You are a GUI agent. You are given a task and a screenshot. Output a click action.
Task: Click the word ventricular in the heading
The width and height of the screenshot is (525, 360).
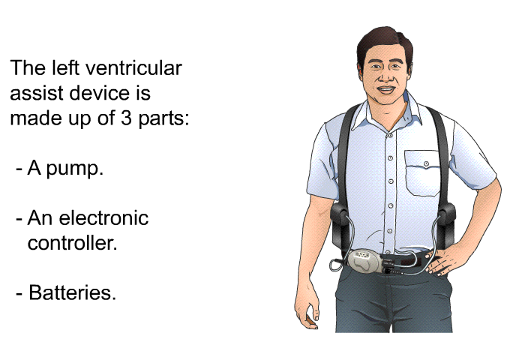[133, 68]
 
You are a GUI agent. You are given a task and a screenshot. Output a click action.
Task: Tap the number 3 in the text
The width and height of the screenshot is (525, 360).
[126, 118]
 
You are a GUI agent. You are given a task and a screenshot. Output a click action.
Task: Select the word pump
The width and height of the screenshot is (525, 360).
[75, 169]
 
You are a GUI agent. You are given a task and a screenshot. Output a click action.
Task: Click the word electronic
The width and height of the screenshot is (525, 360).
[103, 218]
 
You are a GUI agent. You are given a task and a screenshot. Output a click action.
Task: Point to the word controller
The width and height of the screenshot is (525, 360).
[72, 243]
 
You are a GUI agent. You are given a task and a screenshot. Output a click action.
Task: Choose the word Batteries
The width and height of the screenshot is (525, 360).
[72, 292]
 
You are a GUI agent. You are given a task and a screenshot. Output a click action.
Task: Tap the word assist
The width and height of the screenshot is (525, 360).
[37, 93]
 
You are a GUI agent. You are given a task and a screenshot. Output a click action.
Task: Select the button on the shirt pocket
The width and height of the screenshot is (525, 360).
[426, 163]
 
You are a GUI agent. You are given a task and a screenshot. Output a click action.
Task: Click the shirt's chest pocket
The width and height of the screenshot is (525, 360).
[421, 172]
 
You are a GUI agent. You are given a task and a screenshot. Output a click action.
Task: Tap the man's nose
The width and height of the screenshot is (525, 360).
[385, 76]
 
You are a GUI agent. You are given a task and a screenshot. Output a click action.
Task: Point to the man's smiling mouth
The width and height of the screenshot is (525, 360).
[385, 90]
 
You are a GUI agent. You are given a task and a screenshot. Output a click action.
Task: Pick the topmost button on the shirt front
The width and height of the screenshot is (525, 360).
[390, 135]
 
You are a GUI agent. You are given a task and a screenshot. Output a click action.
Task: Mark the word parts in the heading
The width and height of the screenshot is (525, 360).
[164, 119]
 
